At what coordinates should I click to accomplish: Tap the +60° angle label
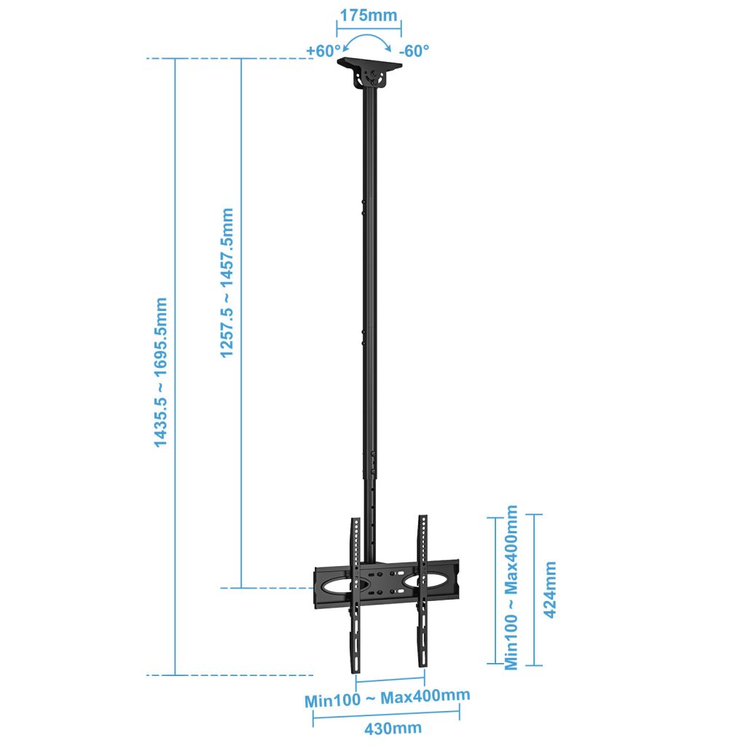pyautogui.click(x=323, y=50)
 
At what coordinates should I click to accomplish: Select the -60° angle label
pyautogui.click(x=414, y=50)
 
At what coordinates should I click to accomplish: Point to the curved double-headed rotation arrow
pyautogui.click(x=367, y=36)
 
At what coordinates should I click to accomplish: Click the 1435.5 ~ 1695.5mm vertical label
pyautogui.click(x=160, y=372)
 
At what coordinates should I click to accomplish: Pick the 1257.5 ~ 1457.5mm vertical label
pyautogui.click(x=227, y=283)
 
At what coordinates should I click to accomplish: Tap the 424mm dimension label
pyautogui.click(x=550, y=589)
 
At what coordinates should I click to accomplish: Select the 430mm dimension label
pyautogui.click(x=393, y=728)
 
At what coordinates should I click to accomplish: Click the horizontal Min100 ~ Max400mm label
pyautogui.click(x=388, y=697)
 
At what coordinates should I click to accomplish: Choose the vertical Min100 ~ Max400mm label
pyautogui.click(x=511, y=588)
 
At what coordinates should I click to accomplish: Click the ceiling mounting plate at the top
pyautogui.click(x=369, y=63)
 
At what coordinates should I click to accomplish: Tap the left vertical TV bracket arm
pyautogui.click(x=356, y=595)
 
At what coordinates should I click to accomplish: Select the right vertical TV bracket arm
pyautogui.click(x=423, y=591)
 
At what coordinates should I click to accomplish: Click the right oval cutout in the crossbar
pyautogui.click(x=425, y=581)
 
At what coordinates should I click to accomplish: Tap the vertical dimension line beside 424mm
pyautogui.click(x=534, y=589)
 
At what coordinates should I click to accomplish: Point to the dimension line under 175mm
pyautogui.click(x=369, y=28)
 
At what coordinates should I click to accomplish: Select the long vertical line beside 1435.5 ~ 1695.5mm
pyautogui.click(x=175, y=366)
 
